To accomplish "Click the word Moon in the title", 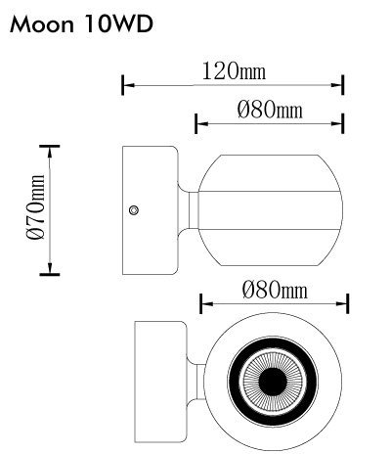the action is [x=42, y=24].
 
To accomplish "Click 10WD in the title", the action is [x=119, y=24].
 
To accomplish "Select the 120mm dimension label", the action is [x=234, y=71].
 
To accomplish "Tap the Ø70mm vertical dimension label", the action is [x=35, y=207].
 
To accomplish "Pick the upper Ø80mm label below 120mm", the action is [x=270, y=110].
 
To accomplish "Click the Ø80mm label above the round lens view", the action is [x=275, y=290].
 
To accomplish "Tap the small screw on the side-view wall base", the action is [x=134, y=210].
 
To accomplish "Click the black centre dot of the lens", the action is [x=273, y=382].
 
